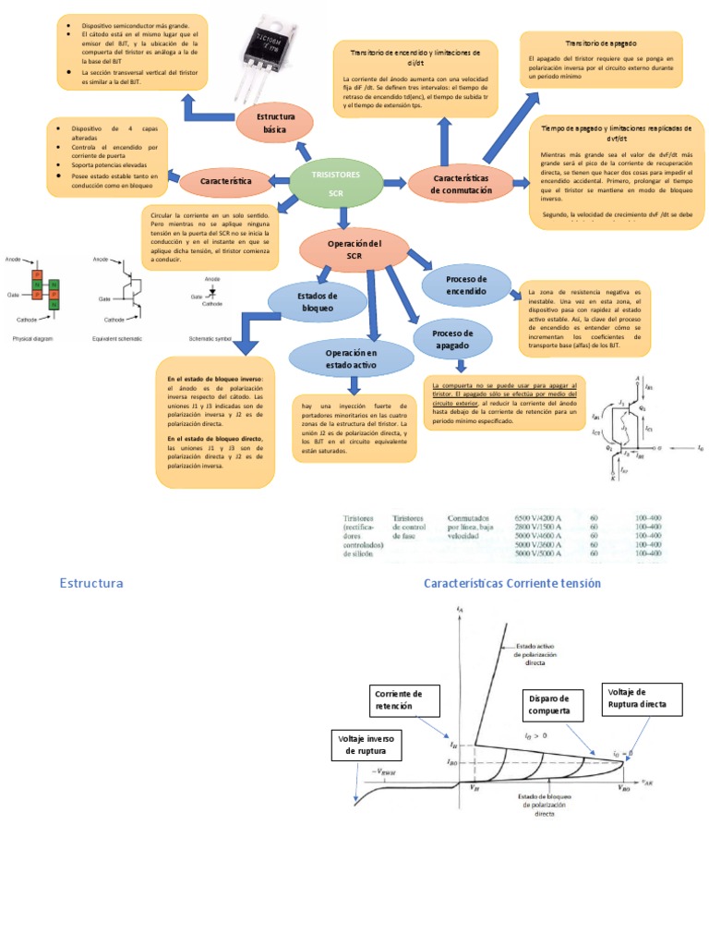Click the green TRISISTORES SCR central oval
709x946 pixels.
tap(335, 183)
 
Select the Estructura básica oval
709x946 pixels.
tap(275, 124)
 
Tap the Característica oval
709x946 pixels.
tap(224, 182)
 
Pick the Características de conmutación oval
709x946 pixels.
tap(462, 183)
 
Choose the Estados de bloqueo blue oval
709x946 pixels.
tap(307, 301)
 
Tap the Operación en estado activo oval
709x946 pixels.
tap(351, 359)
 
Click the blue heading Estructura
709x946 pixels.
tap(91, 583)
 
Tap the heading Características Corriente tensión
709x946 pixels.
tap(512, 583)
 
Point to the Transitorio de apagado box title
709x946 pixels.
tap(601, 43)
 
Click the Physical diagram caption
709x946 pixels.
tap(32, 340)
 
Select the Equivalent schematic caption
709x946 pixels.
tap(117, 340)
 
